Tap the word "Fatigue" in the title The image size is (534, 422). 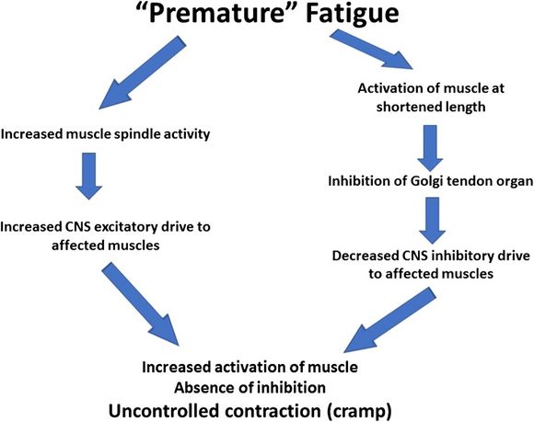352,15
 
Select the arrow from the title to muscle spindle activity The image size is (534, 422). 143,73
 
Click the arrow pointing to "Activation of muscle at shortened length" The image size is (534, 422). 371,49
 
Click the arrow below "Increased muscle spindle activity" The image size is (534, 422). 89,177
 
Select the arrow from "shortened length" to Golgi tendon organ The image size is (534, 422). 430,148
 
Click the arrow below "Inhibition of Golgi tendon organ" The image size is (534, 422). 432,221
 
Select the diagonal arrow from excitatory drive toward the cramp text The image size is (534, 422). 140,303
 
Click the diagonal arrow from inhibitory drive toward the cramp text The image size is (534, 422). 389,320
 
